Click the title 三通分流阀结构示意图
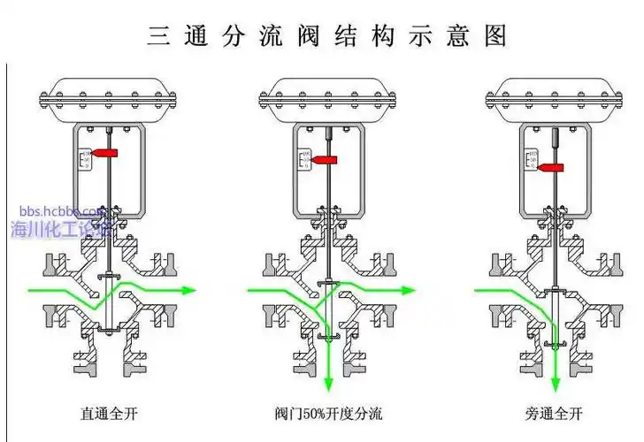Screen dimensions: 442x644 pyautogui.click(x=327, y=35)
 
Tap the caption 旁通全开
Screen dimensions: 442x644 pyautogui.click(x=554, y=413)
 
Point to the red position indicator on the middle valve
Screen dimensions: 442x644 pyautogui.click(x=325, y=160)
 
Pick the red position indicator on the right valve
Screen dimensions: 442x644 pyautogui.click(x=554, y=167)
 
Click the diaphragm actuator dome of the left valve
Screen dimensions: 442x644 pyautogui.click(x=108, y=95)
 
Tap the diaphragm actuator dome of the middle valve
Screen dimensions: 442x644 pyautogui.click(x=329, y=95)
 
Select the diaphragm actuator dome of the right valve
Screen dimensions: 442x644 pyautogui.click(x=556, y=95)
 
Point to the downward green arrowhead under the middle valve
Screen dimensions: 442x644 pyautogui.click(x=329, y=384)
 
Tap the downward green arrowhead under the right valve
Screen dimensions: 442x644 pyautogui.click(x=556, y=384)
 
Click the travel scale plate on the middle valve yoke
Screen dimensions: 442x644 pyautogui.click(x=305, y=159)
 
